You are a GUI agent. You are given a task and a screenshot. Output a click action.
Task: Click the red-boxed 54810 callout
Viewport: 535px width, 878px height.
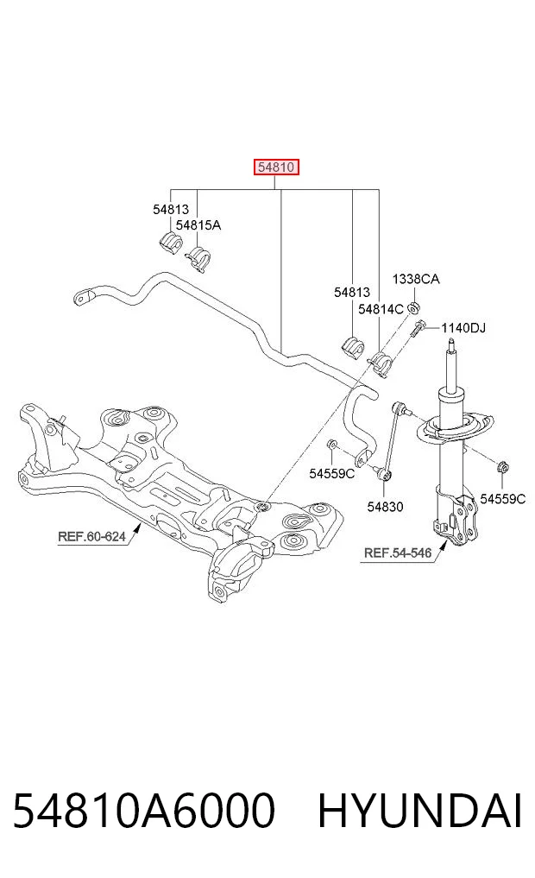click(x=276, y=167)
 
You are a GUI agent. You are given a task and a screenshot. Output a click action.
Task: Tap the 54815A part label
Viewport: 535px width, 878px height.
click(x=198, y=225)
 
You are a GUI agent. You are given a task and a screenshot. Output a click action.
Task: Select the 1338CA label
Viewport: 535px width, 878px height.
click(x=416, y=279)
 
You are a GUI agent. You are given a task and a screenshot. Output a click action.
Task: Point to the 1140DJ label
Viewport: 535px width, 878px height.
click(x=463, y=327)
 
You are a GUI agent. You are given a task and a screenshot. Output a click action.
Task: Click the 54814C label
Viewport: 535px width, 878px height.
click(x=381, y=309)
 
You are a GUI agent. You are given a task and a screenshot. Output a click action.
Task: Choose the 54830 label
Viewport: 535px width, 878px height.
click(x=385, y=507)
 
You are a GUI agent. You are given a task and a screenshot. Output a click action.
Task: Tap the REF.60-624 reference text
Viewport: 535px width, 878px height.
click(x=91, y=536)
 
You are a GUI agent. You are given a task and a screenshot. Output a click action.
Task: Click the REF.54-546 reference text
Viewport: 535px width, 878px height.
click(x=398, y=553)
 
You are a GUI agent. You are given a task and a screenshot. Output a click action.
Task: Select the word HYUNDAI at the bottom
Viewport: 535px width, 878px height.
click(x=420, y=811)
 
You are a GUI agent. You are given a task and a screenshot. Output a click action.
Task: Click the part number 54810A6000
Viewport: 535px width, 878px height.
click(x=144, y=811)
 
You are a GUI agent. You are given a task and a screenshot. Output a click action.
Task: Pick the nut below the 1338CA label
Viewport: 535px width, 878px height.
click(x=414, y=307)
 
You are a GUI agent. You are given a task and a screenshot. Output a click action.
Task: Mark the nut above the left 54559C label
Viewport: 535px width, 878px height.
click(x=331, y=445)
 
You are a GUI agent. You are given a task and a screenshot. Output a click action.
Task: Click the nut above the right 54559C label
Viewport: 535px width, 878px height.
click(x=502, y=466)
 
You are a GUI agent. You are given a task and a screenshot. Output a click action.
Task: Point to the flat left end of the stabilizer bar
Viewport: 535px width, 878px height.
click(x=84, y=295)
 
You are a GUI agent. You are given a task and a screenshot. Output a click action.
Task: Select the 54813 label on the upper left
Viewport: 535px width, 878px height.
click(x=171, y=210)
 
